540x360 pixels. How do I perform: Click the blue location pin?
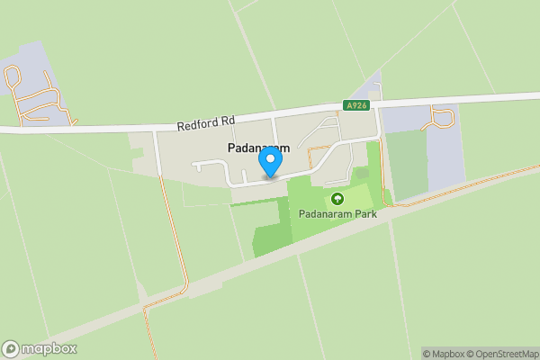coord(270,162)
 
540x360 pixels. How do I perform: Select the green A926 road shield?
coord(357,105)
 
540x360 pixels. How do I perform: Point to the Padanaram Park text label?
coord(337,215)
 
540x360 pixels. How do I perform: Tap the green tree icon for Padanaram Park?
coord(337,198)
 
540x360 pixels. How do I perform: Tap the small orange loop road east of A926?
coord(442,116)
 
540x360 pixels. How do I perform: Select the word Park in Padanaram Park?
coord(363,215)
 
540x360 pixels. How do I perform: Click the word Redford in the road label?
coord(197,125)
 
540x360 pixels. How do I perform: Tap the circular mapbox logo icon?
coord(11,349)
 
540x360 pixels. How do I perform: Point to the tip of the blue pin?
coord(270,176)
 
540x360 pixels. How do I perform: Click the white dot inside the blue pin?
coord(270,159)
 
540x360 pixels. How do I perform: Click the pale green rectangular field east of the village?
coord(409,163)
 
